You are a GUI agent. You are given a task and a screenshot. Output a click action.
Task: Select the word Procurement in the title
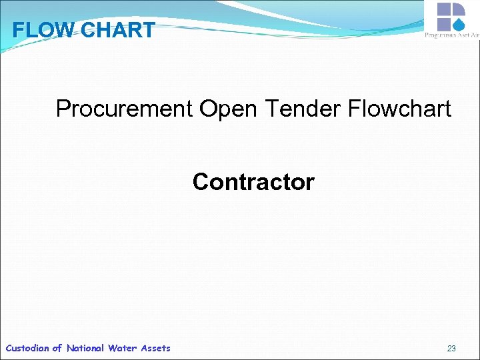pos(124,109)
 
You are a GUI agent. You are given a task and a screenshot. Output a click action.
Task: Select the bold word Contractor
pos(253,182)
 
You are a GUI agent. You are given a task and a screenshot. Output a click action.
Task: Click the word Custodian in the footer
pos(27,348)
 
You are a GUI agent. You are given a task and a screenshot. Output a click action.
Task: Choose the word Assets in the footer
pos(155,348)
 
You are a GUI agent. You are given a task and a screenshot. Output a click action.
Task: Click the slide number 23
pos(451,349)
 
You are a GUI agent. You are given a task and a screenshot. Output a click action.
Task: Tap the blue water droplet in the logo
pos(458,25)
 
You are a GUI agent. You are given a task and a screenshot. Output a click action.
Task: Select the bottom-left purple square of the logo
pos(445,25)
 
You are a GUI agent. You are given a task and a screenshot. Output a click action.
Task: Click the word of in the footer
pos(57,348)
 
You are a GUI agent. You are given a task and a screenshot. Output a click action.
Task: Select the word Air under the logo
pos(474,35)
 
